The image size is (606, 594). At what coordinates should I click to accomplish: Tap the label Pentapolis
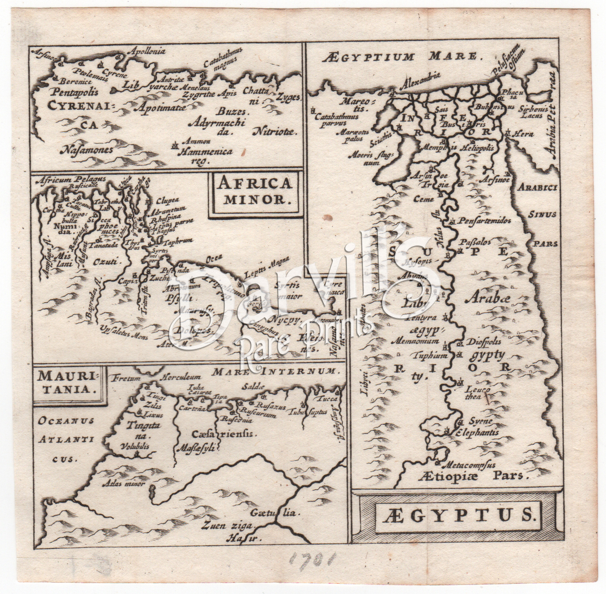(x=70, y=92)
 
